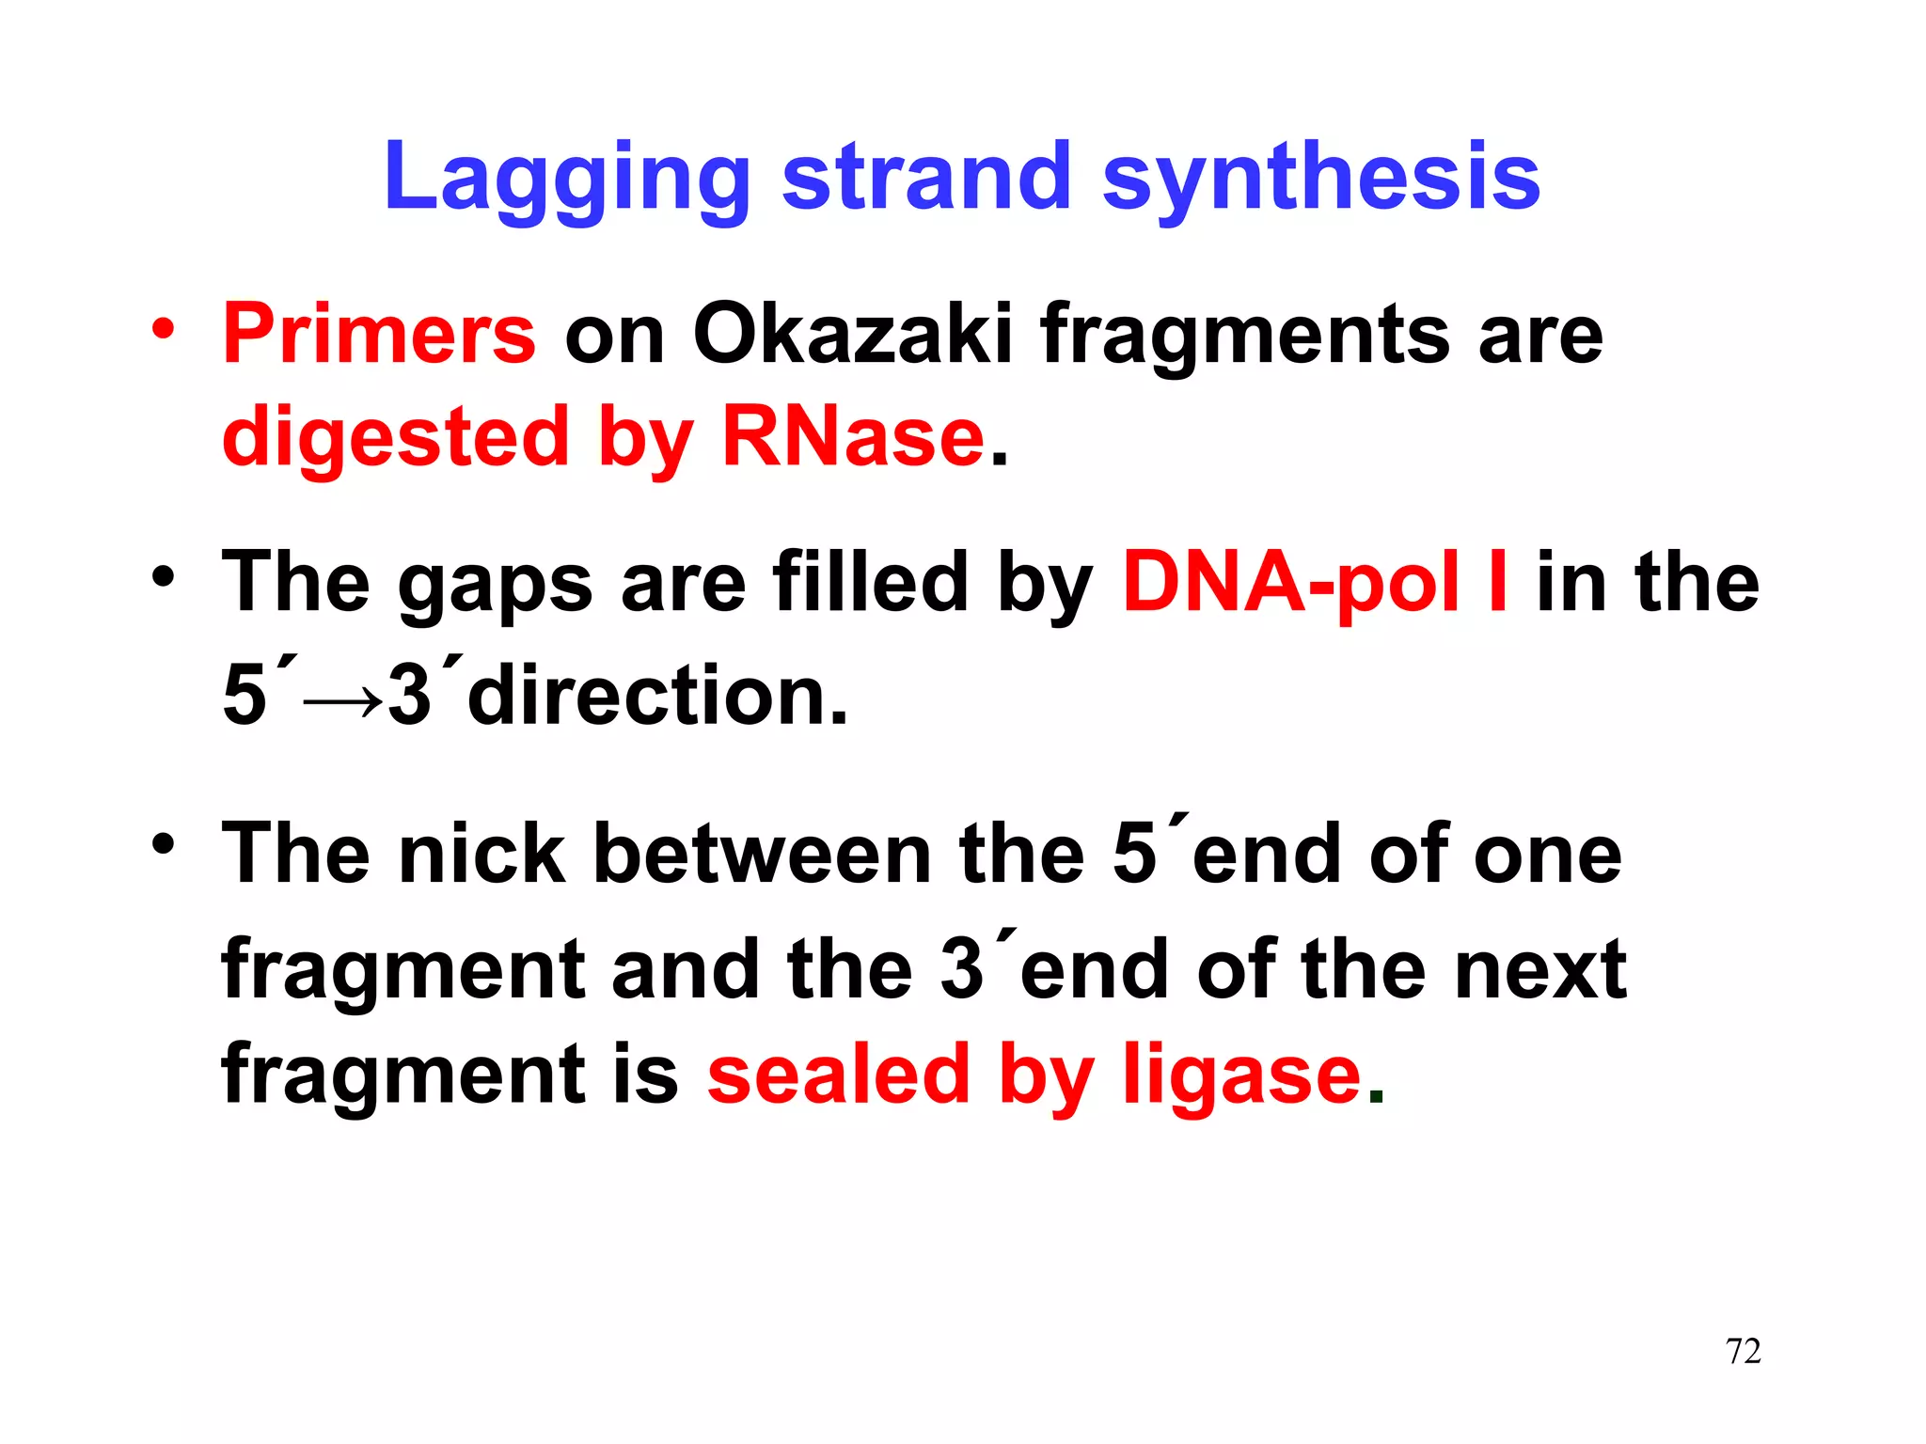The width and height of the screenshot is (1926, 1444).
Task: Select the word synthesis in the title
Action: pyautogui.click(x=1320, y=179)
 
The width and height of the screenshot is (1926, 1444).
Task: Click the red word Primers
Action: pyautogui.click(x=379, y=335)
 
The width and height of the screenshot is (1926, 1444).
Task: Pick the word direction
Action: pyautogui.click(x=657, y=696)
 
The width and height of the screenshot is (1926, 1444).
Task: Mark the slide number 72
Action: pyautogui.click(x=1743, y=1351)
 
